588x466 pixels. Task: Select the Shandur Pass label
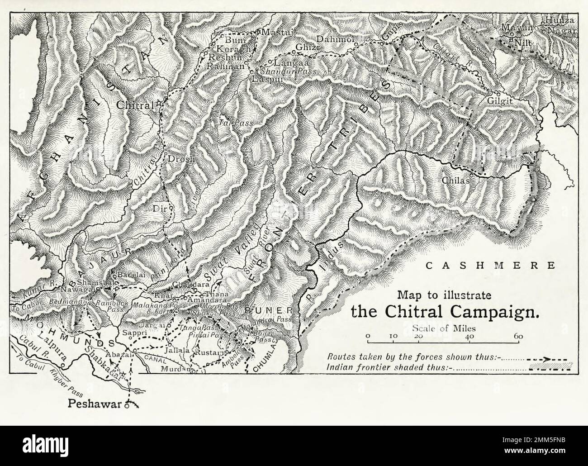[x=286, y=71]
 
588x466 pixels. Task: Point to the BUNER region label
[x=270, y=311]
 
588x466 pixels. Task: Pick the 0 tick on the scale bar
[x=368, y=337]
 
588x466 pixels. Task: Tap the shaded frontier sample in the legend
[x=550, y=367]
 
